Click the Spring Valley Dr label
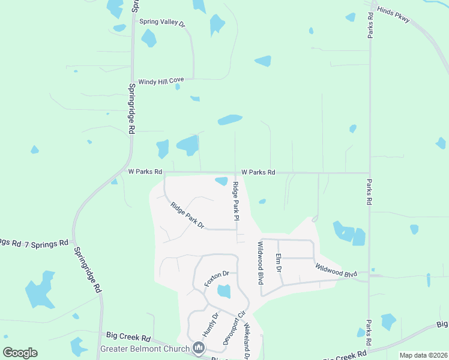coord(163,22)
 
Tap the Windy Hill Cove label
coord(161,81)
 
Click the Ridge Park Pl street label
coord(236,205)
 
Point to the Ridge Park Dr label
coord(187,216)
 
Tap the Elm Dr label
coord(279,262)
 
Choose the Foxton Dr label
coord(217,278)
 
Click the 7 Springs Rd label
coord(46,244)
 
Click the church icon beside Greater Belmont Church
coord(199,348)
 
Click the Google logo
coord(20,353)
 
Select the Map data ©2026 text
coord(423,355)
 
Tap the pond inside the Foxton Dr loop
coord(224,292)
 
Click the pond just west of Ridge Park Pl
coord(221,181)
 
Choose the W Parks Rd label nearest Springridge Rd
coord(145,172)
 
